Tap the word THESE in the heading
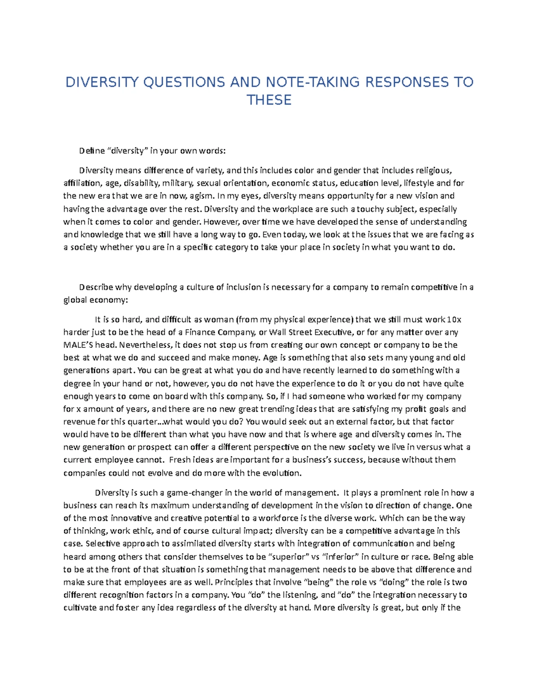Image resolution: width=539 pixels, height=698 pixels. point(269,100)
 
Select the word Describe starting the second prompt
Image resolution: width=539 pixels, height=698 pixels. point(96,288)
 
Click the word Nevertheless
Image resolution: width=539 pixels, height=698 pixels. point(140,345)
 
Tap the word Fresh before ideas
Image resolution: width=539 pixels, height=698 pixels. point(180,460)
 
